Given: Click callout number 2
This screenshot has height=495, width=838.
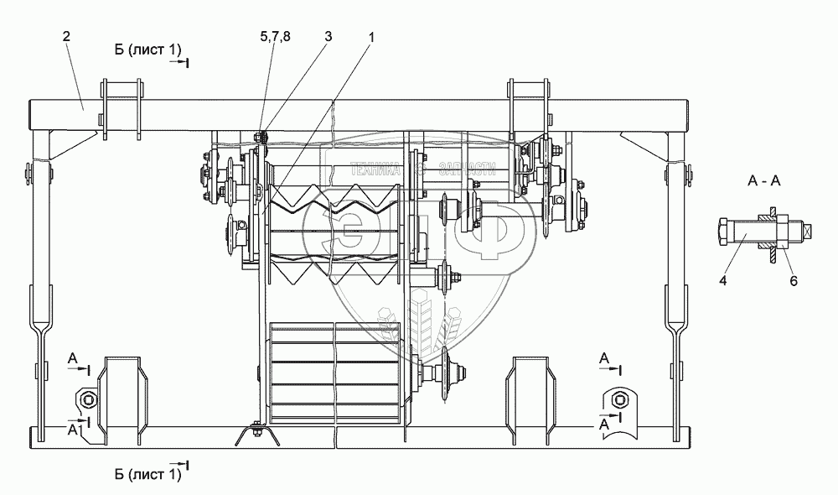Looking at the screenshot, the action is (x=65, y=36).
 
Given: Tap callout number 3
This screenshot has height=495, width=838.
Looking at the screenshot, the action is (x=328, y=36).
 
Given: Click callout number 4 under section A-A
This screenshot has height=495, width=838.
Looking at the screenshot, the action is (x=722, y=282).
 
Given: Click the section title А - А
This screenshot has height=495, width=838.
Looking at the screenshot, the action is (x=763, y=182).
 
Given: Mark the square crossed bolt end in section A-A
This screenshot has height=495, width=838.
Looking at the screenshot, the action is (x=808, y=231).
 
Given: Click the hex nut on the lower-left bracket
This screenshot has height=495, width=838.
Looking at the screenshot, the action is (x=85, y=398).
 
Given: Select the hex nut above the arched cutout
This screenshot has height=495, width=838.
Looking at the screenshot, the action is (x=618, y=399).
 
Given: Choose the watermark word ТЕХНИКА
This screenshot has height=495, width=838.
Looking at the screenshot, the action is (x=381, y=168).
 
